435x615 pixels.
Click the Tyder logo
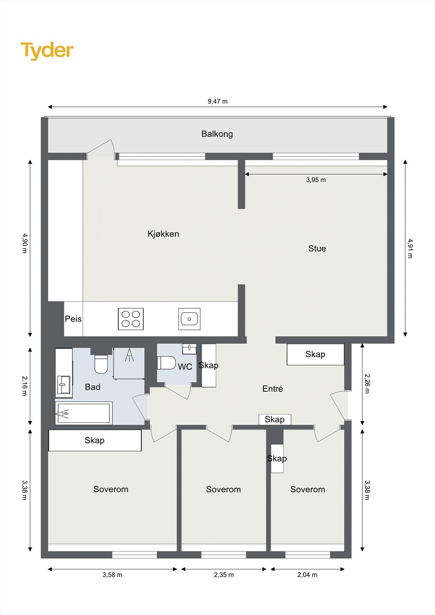click(x=47, y=51)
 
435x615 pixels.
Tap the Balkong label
click(x=217, y=134)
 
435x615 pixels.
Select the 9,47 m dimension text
click(x=218, y=101)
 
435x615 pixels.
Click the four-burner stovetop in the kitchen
click(x=131, y=319)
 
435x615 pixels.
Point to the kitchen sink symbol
click(x=189, y=319)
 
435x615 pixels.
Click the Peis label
click(x=73, y=319)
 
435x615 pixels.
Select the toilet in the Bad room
click(x=101, y=364)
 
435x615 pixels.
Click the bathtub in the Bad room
click(x=84, y=414)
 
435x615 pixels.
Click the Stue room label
click(x=317, y=249)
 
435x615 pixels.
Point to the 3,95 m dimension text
click(x=316, y=180)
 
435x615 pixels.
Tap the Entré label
click(x=272, y=389)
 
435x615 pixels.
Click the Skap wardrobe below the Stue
click(x=315, y=354)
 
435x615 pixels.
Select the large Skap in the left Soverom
click(x=95, y=440)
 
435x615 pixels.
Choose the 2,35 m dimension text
click(x=223, y=575)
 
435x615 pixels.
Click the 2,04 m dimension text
click(x=307, y=575)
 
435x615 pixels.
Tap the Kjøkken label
click(x=163, y=234)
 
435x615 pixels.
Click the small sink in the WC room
click(x=189, y=349)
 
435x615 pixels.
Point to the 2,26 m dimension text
click(x=367, y=384)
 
